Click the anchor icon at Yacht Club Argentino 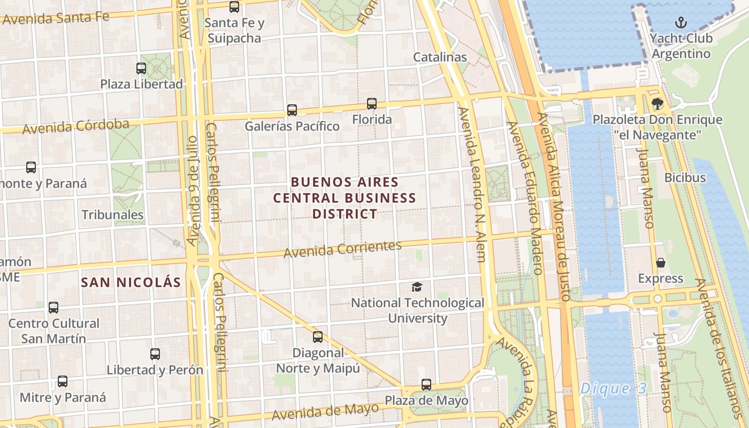[681, 22]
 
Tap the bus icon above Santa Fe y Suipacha [234, 7]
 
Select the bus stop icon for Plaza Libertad [141, 68]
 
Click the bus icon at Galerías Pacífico [292, 110]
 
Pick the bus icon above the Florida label [372, 104]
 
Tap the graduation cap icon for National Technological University [417, 287]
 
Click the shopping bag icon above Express [661, 263]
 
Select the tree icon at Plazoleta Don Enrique [657, 104]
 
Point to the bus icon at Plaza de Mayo [426, 385]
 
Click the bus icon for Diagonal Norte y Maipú [318, 337]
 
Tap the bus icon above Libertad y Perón [155, 354]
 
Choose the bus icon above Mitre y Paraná [63, 381]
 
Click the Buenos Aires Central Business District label [345, 198]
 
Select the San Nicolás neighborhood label [131, 282]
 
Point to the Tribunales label [112, 215]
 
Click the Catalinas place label [440, 57]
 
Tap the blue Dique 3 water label [613, 388]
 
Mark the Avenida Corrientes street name [342, 249]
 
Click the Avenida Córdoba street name [76, 127]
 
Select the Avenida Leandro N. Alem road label [473, 185]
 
